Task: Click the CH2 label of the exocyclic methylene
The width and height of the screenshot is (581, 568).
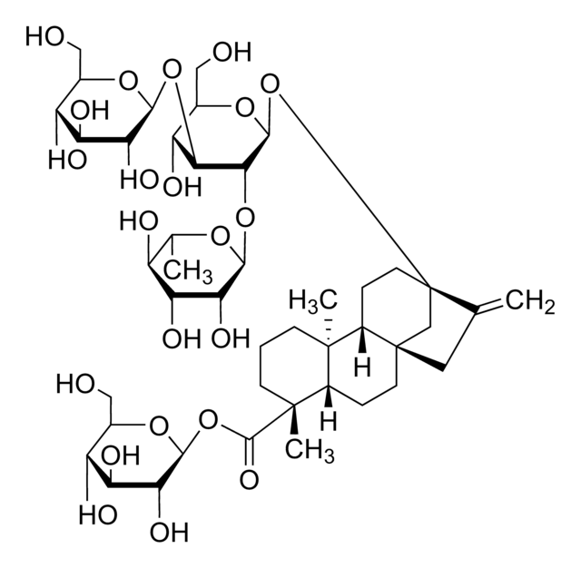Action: point(530,302)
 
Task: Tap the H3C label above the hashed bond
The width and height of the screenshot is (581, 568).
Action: point(313,300)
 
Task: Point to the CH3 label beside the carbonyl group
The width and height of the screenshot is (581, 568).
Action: point(310,451)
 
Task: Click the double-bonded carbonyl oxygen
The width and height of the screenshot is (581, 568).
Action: point(249,480)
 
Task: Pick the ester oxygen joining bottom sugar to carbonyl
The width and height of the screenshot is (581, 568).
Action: point(208,419)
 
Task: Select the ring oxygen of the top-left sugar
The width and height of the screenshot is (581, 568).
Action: point(128,81)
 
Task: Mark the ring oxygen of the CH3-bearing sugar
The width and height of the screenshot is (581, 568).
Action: point(220,236)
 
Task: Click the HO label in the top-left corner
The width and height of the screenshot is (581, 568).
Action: point(44,37)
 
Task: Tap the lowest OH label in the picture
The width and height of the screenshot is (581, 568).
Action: point(169,532)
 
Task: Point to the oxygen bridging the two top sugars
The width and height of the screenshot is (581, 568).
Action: point(172,69)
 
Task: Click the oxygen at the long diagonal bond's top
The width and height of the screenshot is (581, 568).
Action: point(270,83)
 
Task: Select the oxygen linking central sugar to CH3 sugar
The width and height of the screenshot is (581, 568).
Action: point(245,217)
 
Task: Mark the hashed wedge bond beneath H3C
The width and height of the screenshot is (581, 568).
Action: point(329,332)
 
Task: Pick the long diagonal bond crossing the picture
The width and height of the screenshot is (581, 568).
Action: point(354,191)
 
